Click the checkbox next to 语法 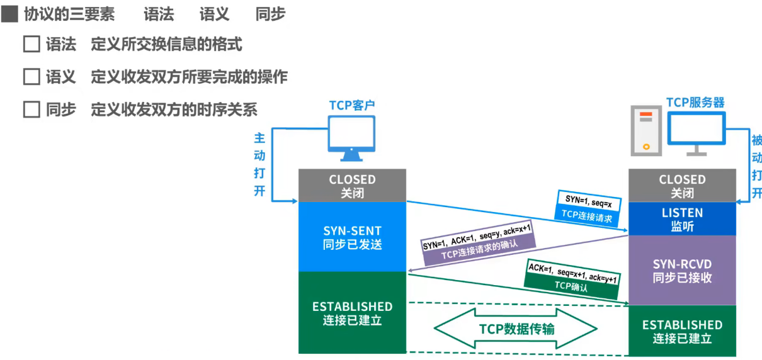pos(31,44)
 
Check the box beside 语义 pos(31,77)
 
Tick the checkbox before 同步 pos(31,110)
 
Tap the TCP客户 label pos(352,105)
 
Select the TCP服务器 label pos(695,103)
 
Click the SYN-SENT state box pos(352,237)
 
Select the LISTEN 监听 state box pos(682,220)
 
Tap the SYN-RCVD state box pos(682,271)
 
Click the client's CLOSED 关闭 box pos(352,186)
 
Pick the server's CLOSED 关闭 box pos(682,186)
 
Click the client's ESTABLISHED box pos(352,313)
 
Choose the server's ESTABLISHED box pos(682,331)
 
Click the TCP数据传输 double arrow pos(516,329)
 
